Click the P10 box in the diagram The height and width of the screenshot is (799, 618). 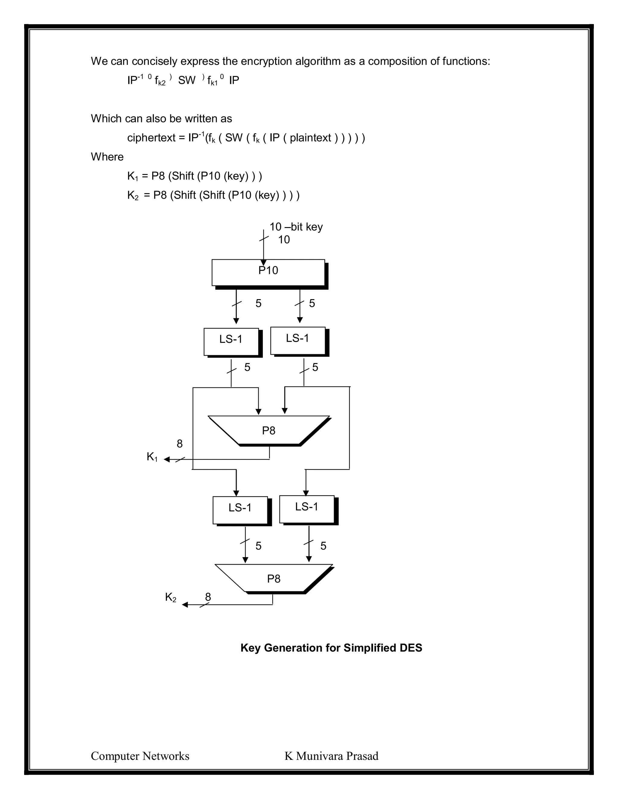point(268,273)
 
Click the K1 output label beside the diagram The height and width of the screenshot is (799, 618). point(152,456)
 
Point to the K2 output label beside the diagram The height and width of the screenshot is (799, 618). point(170,597)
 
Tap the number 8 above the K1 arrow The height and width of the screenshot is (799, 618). point(180,444)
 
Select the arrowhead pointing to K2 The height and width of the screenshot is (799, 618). point(185,605)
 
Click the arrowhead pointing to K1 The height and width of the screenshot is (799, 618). point(167,460)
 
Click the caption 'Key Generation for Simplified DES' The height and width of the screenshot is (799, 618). point(331,648)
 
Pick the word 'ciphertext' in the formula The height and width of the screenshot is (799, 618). point(151,138)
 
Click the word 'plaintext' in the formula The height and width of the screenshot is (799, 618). point(310,138)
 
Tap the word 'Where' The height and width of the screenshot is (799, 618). point(107,157)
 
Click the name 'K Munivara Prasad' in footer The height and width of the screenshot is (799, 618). point(331,756)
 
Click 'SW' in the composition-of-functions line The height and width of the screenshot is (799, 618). point(187,81)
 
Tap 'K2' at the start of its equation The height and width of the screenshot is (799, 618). point(132,195)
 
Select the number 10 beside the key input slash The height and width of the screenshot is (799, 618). point(284,240)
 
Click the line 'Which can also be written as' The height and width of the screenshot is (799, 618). point(161,118)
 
